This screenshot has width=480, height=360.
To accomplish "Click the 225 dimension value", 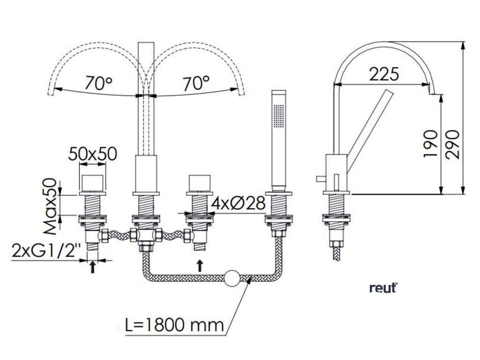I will pyautogui.click(x=383, y=75).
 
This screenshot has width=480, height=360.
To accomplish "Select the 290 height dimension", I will pyautogui.click(x=452, y=144).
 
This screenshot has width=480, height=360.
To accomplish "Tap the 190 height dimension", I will pyautogui.click(x=430, y=144).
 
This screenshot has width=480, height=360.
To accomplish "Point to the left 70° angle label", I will pyautogui.click(x=99, y=83).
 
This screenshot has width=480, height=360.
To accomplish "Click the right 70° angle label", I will pyautogui.click(x=196, y=83).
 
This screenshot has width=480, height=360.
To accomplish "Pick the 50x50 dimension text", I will pyautogui.click(x=92, y=153).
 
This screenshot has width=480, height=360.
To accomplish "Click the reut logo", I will pyautogui.click(x=383, y=288).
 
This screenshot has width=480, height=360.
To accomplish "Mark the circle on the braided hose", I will pyautogui.click(x=232, y=278).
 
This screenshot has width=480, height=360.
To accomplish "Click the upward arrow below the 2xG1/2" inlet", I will pyautogui.click(x=93, y=267).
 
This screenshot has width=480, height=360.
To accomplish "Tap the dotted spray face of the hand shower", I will pyautogui.click(x=280, y=114).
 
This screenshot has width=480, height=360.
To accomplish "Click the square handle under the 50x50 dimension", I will pyautogui.click(x=92, y=182).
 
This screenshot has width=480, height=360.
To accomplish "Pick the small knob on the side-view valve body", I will pyautogui.click(x=319, y=178).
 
